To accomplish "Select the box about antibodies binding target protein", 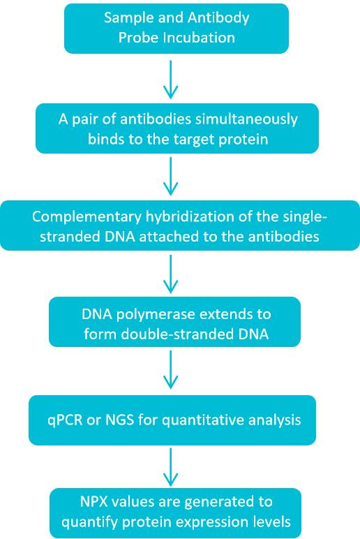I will (x=177, y=128).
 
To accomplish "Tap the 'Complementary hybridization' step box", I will (x=179, y=226).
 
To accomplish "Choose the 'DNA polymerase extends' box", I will (x=175, y=321).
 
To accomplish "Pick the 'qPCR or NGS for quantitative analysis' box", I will (x=172, y=420).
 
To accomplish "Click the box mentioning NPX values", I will (x=175, y=512).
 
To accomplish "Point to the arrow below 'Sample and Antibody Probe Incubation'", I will (x=169, y=78).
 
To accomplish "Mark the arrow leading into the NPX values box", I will (x=169, y=467).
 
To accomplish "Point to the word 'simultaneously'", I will (x=253, y=119).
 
